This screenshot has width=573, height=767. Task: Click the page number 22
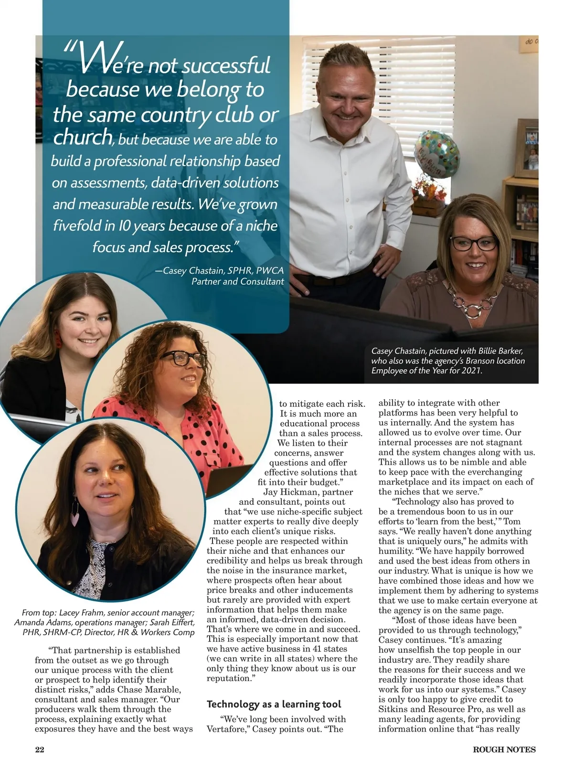pos(40,749)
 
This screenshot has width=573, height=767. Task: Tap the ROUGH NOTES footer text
pos(504,749)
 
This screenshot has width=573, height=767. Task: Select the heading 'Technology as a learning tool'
pos(274,704)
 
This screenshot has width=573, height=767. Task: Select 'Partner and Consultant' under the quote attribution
pos(237,281)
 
